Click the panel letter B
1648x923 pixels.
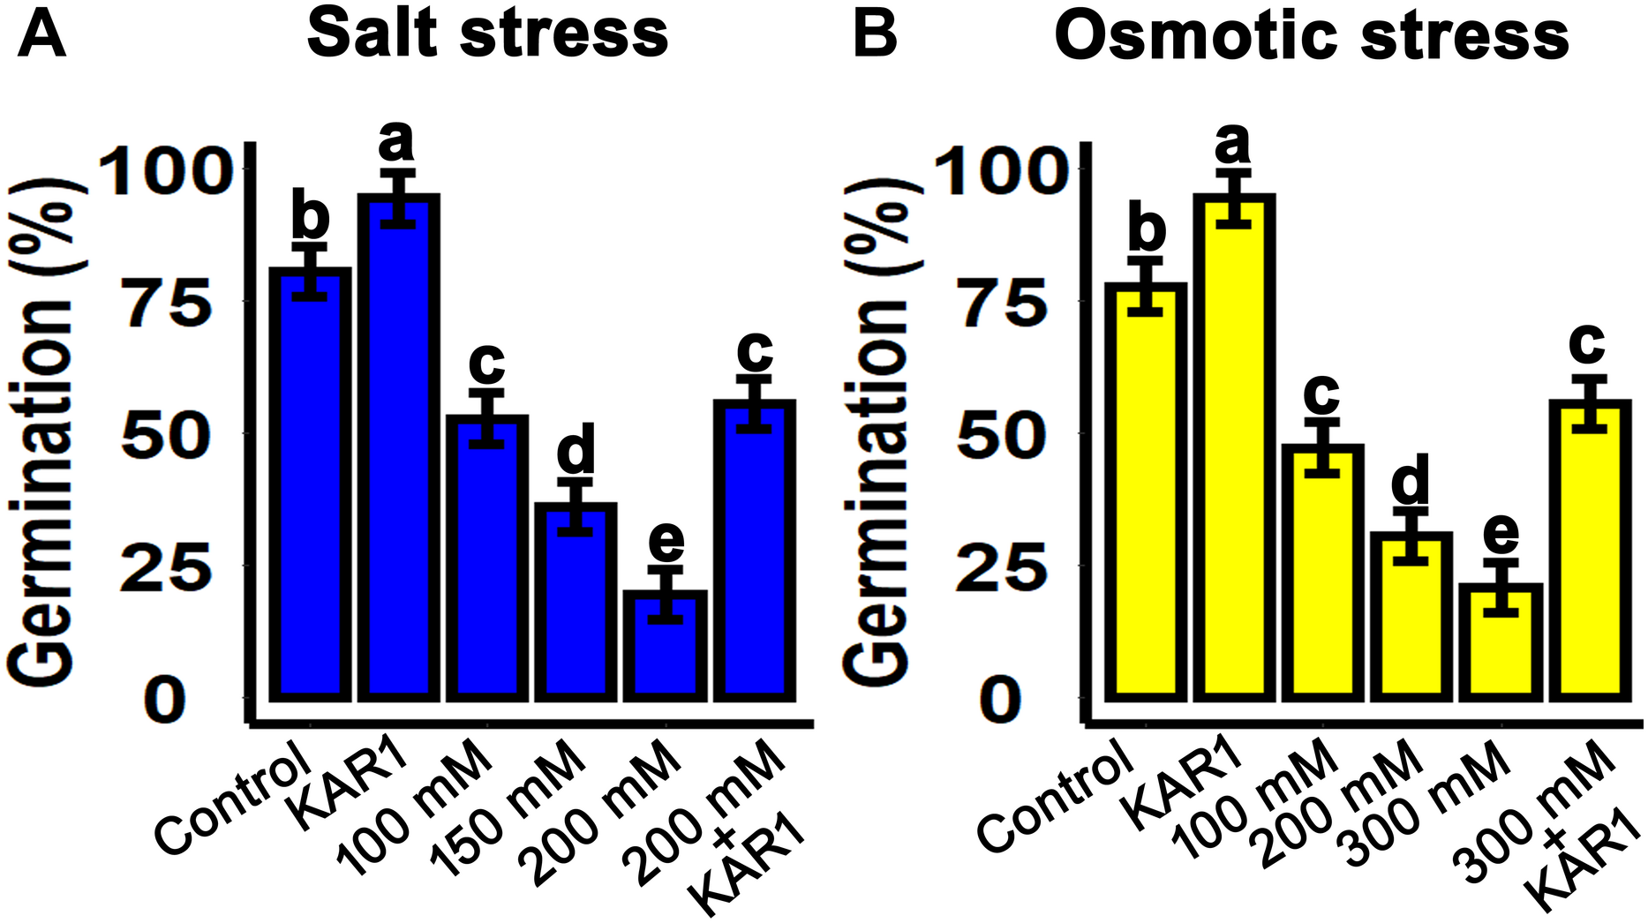point(874,37)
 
